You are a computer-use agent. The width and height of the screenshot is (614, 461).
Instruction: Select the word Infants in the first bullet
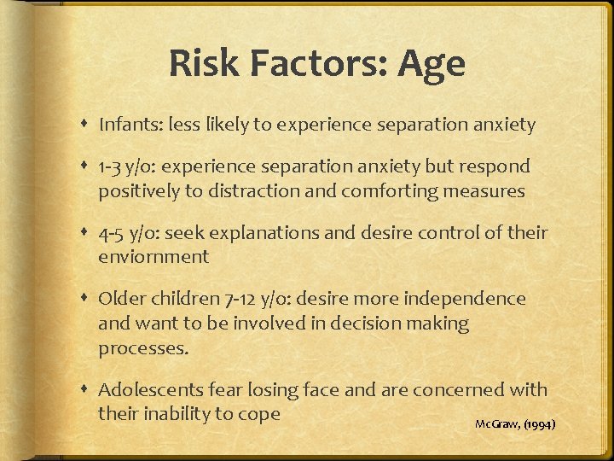pos(127,125)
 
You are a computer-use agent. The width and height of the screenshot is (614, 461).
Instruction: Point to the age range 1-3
pos(113,166)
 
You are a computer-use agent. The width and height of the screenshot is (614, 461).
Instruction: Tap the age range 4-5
pos(113,232)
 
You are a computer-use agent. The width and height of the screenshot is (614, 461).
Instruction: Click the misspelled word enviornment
pos(153,256)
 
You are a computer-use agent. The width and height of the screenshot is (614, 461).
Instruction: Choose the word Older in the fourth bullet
pos(124,299)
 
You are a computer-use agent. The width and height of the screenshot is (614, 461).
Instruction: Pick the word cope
pos(258,415)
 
